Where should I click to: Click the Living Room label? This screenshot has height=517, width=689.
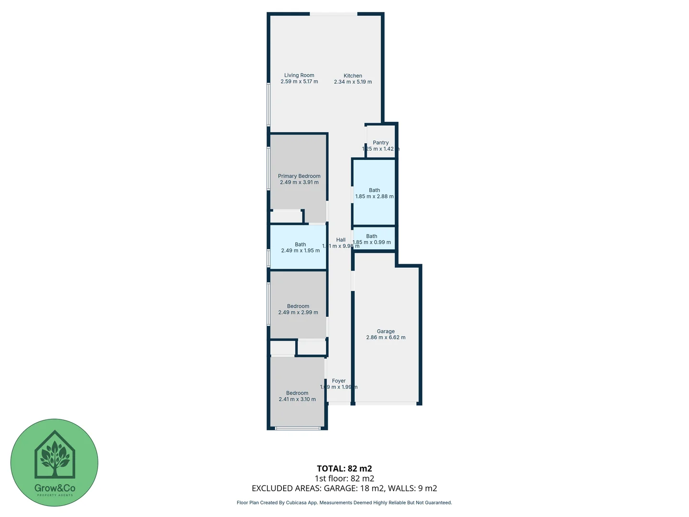coord(299,75)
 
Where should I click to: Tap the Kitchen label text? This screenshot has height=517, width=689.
coord(353,76)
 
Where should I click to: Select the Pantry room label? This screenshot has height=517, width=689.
coord(380,143)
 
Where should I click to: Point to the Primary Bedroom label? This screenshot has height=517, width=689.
coord(299,176)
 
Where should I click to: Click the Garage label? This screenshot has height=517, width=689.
coord(386,331)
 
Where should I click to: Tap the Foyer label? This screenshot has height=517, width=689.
coord(339,381)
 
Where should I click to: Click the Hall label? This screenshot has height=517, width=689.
coord(341,240)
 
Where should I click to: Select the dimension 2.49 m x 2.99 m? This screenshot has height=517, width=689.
coord(298,313)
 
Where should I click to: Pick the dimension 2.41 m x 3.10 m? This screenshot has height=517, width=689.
coord(297,399)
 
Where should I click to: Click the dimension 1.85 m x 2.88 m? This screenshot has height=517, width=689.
coord(374,196)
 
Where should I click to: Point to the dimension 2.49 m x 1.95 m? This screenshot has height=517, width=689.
coord(300,250)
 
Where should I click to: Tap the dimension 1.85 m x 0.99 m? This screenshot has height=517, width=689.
coord(372,242)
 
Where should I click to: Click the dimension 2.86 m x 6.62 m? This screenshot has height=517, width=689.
coord(386,337)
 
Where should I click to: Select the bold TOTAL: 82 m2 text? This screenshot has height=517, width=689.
coord(344,469)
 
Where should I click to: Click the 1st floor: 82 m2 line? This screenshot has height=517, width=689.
coord(344,478)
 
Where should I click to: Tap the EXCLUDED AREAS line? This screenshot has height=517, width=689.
coord(344,488)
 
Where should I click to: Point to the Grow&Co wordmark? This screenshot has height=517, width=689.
coord(55,488)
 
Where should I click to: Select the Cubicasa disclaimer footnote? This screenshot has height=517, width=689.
coord(344,503)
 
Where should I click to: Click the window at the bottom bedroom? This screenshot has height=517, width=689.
coord(298,428)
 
